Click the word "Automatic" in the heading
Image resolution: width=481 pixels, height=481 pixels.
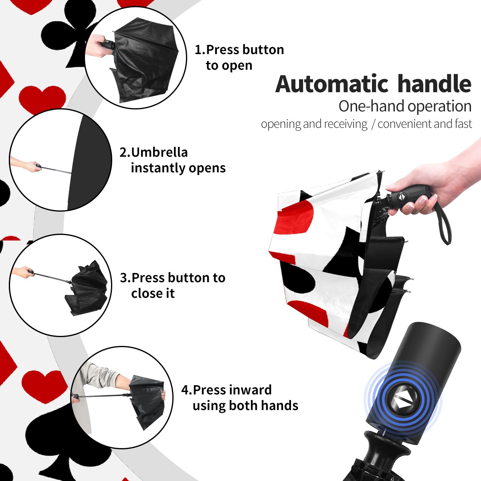pos(332,84)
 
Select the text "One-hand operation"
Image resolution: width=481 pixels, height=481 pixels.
pos(405,106)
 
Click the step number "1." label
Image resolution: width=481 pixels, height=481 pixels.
pos(200,50)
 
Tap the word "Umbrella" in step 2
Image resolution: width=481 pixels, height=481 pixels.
pos(159,152)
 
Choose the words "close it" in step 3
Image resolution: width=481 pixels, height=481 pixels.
pos(153,293)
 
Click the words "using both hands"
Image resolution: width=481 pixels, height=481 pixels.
pos(245,406)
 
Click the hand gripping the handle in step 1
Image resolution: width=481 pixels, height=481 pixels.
pos(97,46)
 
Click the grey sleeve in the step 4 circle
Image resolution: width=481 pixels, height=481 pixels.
pos(100,374)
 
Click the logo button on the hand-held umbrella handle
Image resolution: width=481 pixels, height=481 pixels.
pos(402,197)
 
